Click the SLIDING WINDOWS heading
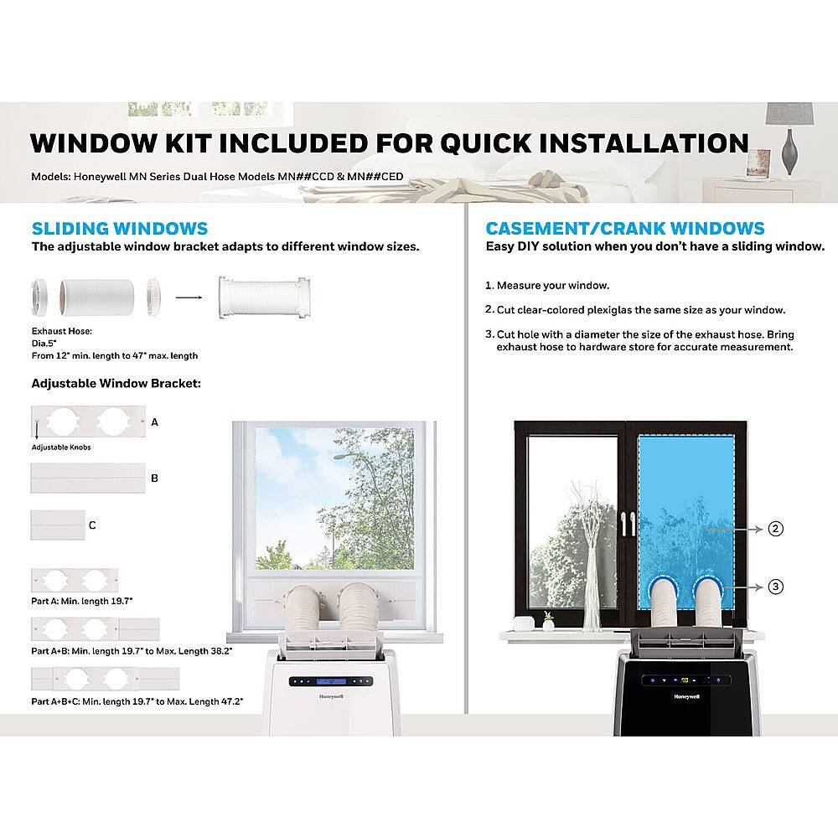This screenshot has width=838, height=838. pos(120,229)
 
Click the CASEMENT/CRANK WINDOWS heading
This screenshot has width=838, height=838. pos(625,229)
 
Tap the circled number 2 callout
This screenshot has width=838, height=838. pos(776,529)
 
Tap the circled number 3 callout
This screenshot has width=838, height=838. pos(776,587)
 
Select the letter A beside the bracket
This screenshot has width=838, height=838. pos(154,423)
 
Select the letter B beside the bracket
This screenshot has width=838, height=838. pos(154,478)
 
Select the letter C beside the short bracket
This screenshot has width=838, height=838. pos(92,525)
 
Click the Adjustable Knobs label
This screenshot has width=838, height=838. pos(61,447)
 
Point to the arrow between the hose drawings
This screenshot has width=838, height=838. pos(189,296)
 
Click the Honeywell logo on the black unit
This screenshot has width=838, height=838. pos(681,696)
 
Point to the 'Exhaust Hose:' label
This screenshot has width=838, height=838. pos(61,331)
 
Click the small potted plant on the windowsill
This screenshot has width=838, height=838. pos(547,620)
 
